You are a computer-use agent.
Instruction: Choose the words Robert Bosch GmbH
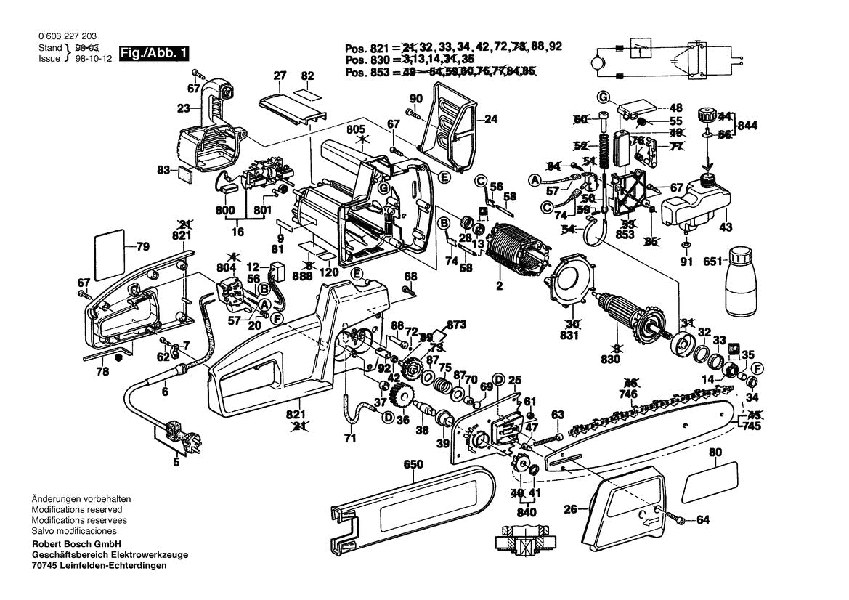tap(76, 544)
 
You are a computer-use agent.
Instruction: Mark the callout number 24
tap(491, 119)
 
